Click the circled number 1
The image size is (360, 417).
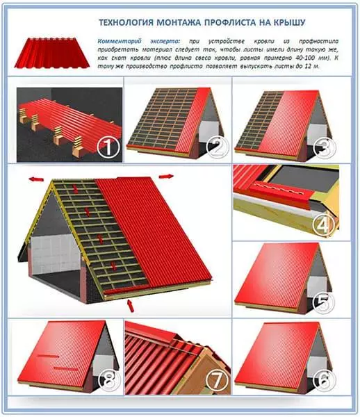click(108, 148)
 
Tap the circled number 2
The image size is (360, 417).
click(218, 147)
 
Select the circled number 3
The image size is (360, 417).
click(324, 147)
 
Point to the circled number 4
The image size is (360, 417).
click(323, 224)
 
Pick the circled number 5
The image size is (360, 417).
click(324, 302)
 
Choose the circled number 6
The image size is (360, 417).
click(324, 381)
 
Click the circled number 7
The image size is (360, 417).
click(218, 381)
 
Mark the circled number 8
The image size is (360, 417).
click(109, 381)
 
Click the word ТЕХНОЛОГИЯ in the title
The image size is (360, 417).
click(126, 23)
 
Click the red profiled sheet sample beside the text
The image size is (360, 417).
click(52, 53)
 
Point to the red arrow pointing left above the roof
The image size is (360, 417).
click(36, 179)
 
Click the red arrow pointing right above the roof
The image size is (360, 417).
click(166, 176)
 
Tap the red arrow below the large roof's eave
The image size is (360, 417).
click(131, 306)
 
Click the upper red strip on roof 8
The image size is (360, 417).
click(47, 356)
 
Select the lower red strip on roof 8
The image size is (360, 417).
click(65, 369)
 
